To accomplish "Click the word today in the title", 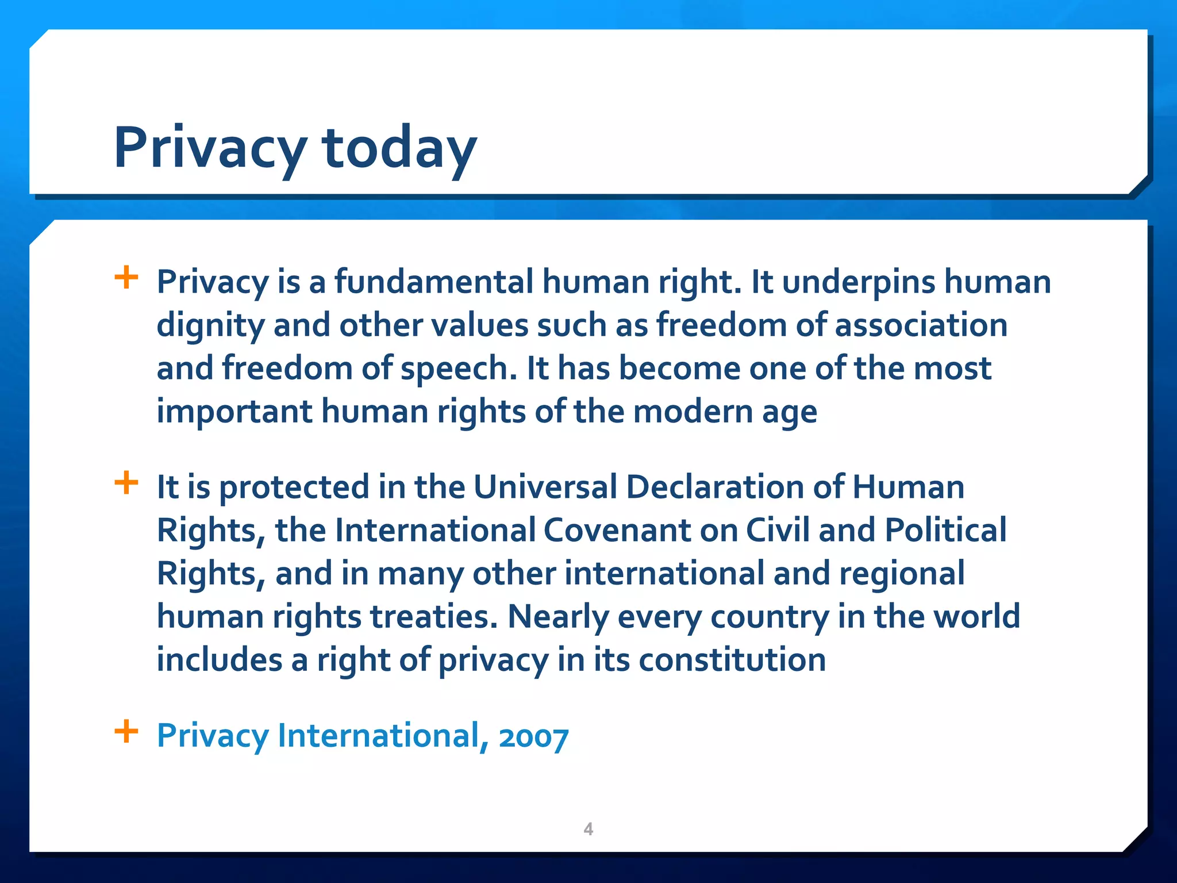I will (399, 148).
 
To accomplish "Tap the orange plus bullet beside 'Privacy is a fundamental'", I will (126, 278).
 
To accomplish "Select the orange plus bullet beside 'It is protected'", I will (126, 483).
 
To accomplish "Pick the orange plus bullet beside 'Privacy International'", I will (126, 732).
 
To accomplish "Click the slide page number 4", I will (588, 829).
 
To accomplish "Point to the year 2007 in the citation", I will (533, 736).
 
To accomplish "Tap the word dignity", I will (210, 326).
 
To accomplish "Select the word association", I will (921, 325).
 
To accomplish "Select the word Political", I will (945, 530).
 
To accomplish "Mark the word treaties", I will (433, 616).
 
